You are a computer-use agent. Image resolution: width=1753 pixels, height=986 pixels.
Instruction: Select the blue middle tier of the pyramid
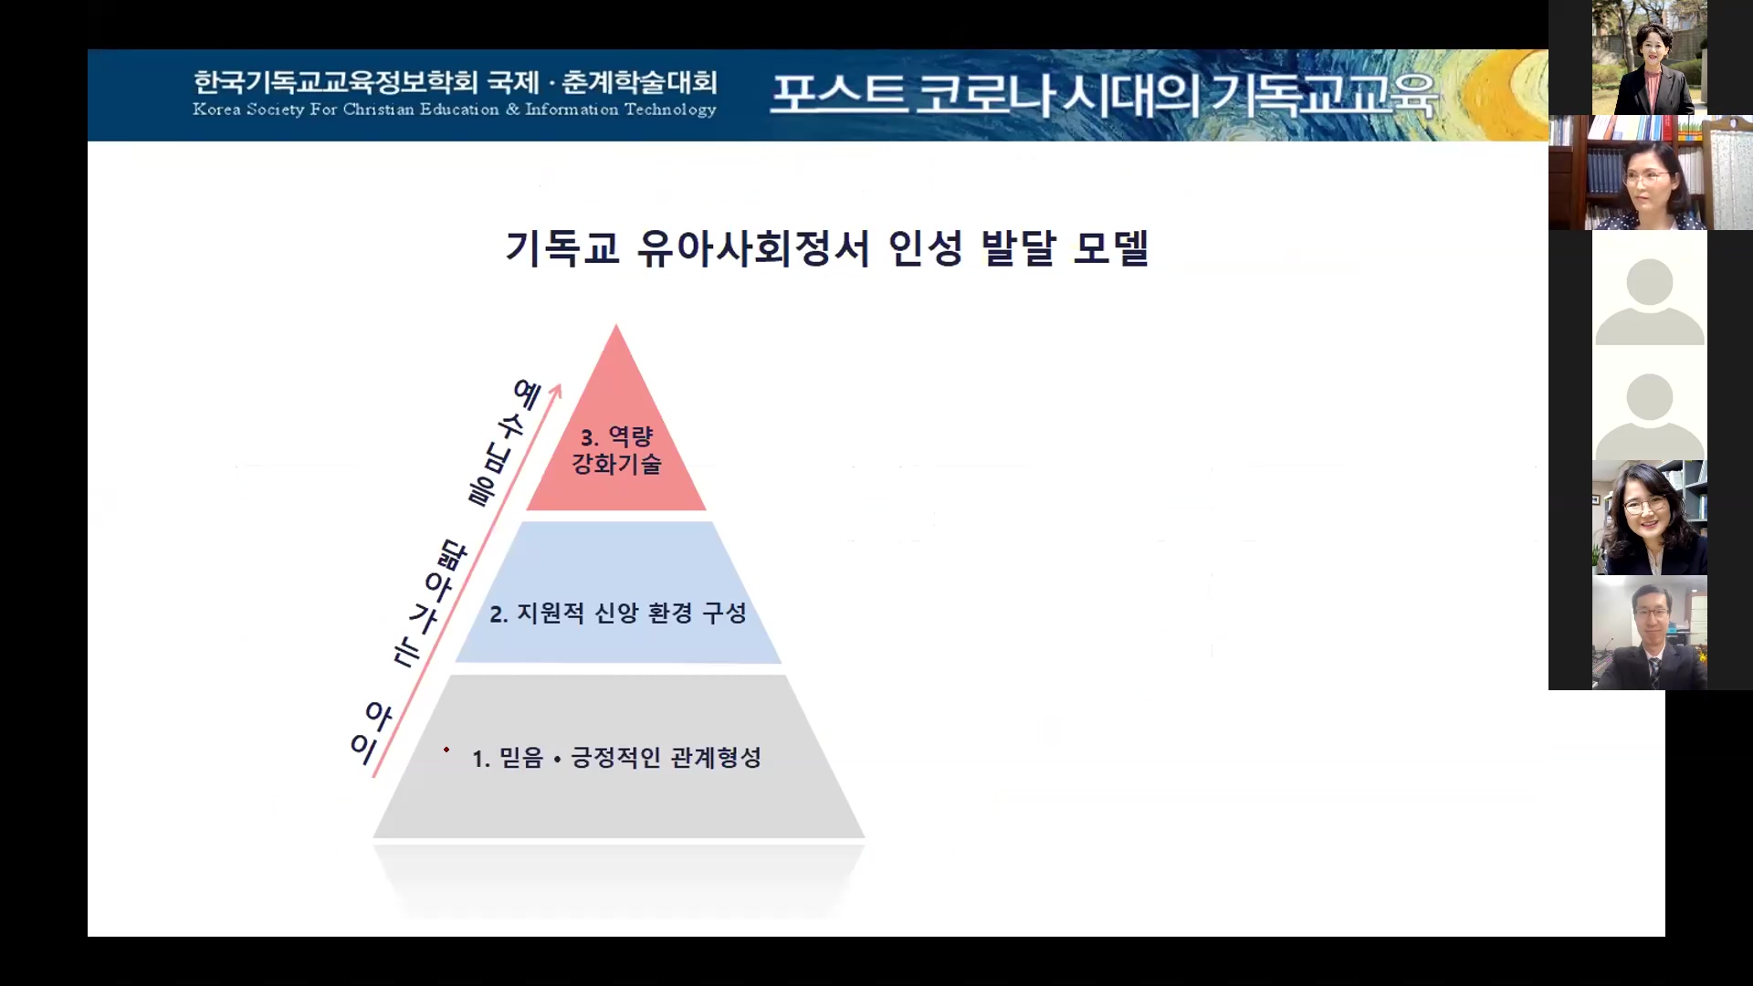pos(618,593)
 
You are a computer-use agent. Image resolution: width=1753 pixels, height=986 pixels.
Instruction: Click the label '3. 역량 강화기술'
pos(616,450)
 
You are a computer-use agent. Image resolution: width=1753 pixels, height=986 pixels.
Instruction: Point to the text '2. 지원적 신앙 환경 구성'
pos(618,614)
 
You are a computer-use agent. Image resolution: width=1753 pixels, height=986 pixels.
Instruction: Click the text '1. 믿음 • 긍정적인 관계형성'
pos(616,758)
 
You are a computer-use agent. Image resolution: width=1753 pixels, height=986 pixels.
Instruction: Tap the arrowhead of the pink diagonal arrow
pos(556,391)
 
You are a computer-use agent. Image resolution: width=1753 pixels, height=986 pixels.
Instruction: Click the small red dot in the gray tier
pos(446,750)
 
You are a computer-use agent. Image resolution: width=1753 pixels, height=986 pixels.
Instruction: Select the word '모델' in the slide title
pos(1111,247)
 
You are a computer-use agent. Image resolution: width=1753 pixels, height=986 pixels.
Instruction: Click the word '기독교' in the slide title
pos(562,247)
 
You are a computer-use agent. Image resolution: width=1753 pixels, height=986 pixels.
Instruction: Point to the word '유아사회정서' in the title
pos(753,247)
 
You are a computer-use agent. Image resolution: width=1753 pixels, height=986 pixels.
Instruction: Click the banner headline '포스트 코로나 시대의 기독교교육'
pos(1103,95)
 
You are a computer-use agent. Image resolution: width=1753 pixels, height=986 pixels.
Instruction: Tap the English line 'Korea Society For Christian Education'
pos(346,110)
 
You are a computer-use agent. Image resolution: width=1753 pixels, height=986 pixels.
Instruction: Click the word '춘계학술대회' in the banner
pos(639,82)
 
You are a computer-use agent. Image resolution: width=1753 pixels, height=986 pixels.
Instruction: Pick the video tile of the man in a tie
pos(1650,633)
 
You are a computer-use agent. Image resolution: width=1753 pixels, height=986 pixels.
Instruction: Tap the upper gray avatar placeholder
pos(1650,288)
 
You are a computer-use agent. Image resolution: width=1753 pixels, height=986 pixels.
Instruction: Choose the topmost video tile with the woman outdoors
pos(1650,58)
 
